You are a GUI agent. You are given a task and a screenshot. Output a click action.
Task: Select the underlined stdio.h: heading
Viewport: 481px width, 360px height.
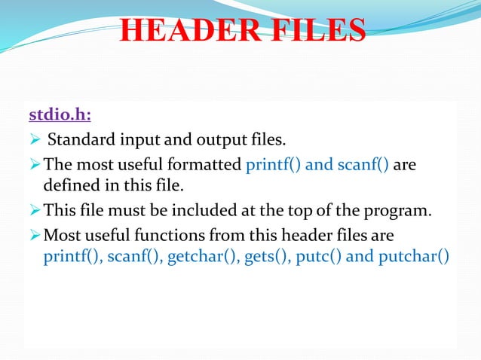point(60,115)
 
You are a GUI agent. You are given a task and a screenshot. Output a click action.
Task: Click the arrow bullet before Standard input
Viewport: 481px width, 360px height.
point(33,140)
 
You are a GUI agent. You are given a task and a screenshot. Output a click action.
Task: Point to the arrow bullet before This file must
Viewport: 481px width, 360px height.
point(33,209)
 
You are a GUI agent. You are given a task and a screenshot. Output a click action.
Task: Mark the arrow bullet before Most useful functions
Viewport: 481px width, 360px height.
point(33,233)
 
